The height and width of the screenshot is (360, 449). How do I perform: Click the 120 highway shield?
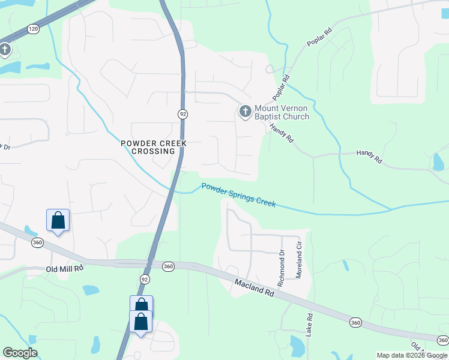pos(32,28)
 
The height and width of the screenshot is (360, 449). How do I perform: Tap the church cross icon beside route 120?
pos(5,49)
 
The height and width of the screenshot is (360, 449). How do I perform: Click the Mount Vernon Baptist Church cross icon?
pos(245,112)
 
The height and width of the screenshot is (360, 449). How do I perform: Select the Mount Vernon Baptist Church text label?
pos(282,112)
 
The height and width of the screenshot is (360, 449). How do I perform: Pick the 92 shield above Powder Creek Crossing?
pos(182,113)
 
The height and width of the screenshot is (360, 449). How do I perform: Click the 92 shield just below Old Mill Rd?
pos(145,279)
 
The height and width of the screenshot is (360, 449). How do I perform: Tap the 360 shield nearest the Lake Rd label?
pos(355,323)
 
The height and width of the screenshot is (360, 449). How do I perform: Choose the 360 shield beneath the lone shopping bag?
pos(38,242)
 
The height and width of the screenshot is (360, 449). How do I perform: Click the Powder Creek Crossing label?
pos(154,147)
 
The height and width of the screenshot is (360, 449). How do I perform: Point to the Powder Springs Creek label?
pos(238,195)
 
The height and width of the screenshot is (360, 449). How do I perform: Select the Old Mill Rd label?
pos(64,269)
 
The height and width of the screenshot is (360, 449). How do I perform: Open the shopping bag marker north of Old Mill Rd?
pos(58,220)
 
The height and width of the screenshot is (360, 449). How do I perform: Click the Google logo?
pos(20,353)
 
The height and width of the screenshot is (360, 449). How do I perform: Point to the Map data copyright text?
pos(412,355)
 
